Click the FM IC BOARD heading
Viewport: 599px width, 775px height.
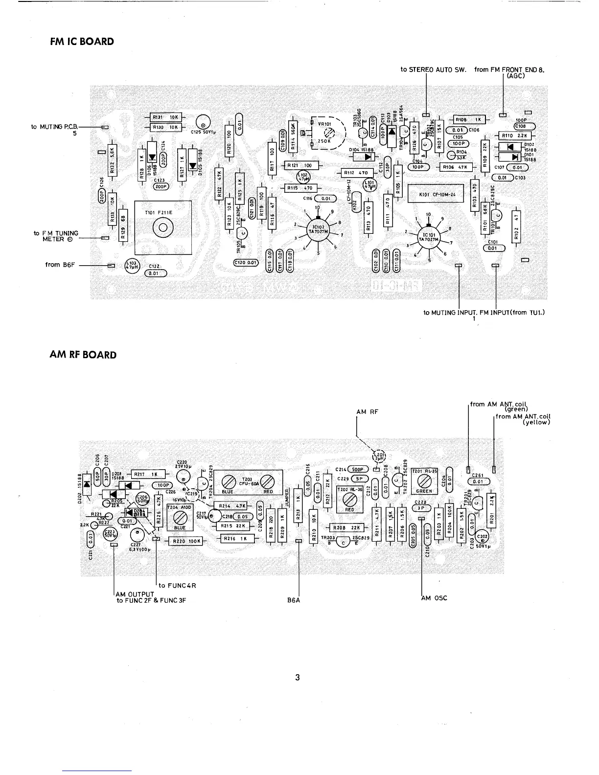pos(82,42)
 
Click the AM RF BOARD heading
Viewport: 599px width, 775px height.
pos(83,355)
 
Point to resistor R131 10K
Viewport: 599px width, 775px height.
pos(164,117)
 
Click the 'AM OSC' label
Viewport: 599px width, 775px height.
pos(435,598)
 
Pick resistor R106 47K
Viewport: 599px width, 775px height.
pos(457,167)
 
